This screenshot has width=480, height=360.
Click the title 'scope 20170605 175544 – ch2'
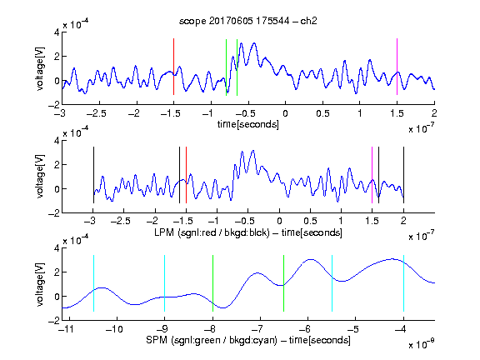pyautogui.click(x=248, y=21)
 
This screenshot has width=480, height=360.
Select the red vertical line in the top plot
pyautogui.click(x=173, y=67)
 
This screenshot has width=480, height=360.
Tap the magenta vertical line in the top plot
pyautogui.click(x=397, y=67)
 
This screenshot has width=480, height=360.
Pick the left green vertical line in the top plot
pyautogui.click(x=226, y=67)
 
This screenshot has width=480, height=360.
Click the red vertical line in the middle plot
pyautogui.click(x=186, y=175)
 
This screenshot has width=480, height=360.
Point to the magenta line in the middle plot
pyautogui.click(x=372, y=175)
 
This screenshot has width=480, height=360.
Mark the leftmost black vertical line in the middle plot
pyautogui.click(x=93, y=175)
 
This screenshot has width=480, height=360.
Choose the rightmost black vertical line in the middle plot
pyautogui.click(x=403, y=175)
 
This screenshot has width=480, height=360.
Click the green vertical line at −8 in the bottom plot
pyautogui.click(x=212, y=283)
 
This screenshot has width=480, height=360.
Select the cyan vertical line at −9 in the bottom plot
pyautogui.click(x=164, y=283)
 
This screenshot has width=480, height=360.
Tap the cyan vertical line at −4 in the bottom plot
pyautogui.click(x=403, y=283)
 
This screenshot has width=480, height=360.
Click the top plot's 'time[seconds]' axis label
pyautogui.click(x=248, y=124)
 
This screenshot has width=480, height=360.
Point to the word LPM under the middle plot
pyautogui.click(x=164, y=232)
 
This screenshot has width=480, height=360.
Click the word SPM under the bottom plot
pyautogui.click(x=157, y=340)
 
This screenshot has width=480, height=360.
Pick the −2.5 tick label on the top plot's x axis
pyautogui.click(x=96, y=113)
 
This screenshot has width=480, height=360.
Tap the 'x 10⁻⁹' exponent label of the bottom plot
pyautogui.click(x=421, y=344)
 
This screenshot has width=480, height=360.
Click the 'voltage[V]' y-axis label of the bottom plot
pyautogui.click(x=40, y=284)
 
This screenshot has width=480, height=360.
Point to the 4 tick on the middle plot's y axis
pyautogui.click(x=57, y=141)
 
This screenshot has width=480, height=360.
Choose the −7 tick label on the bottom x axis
pyautogui.click(x=259, y=329)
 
